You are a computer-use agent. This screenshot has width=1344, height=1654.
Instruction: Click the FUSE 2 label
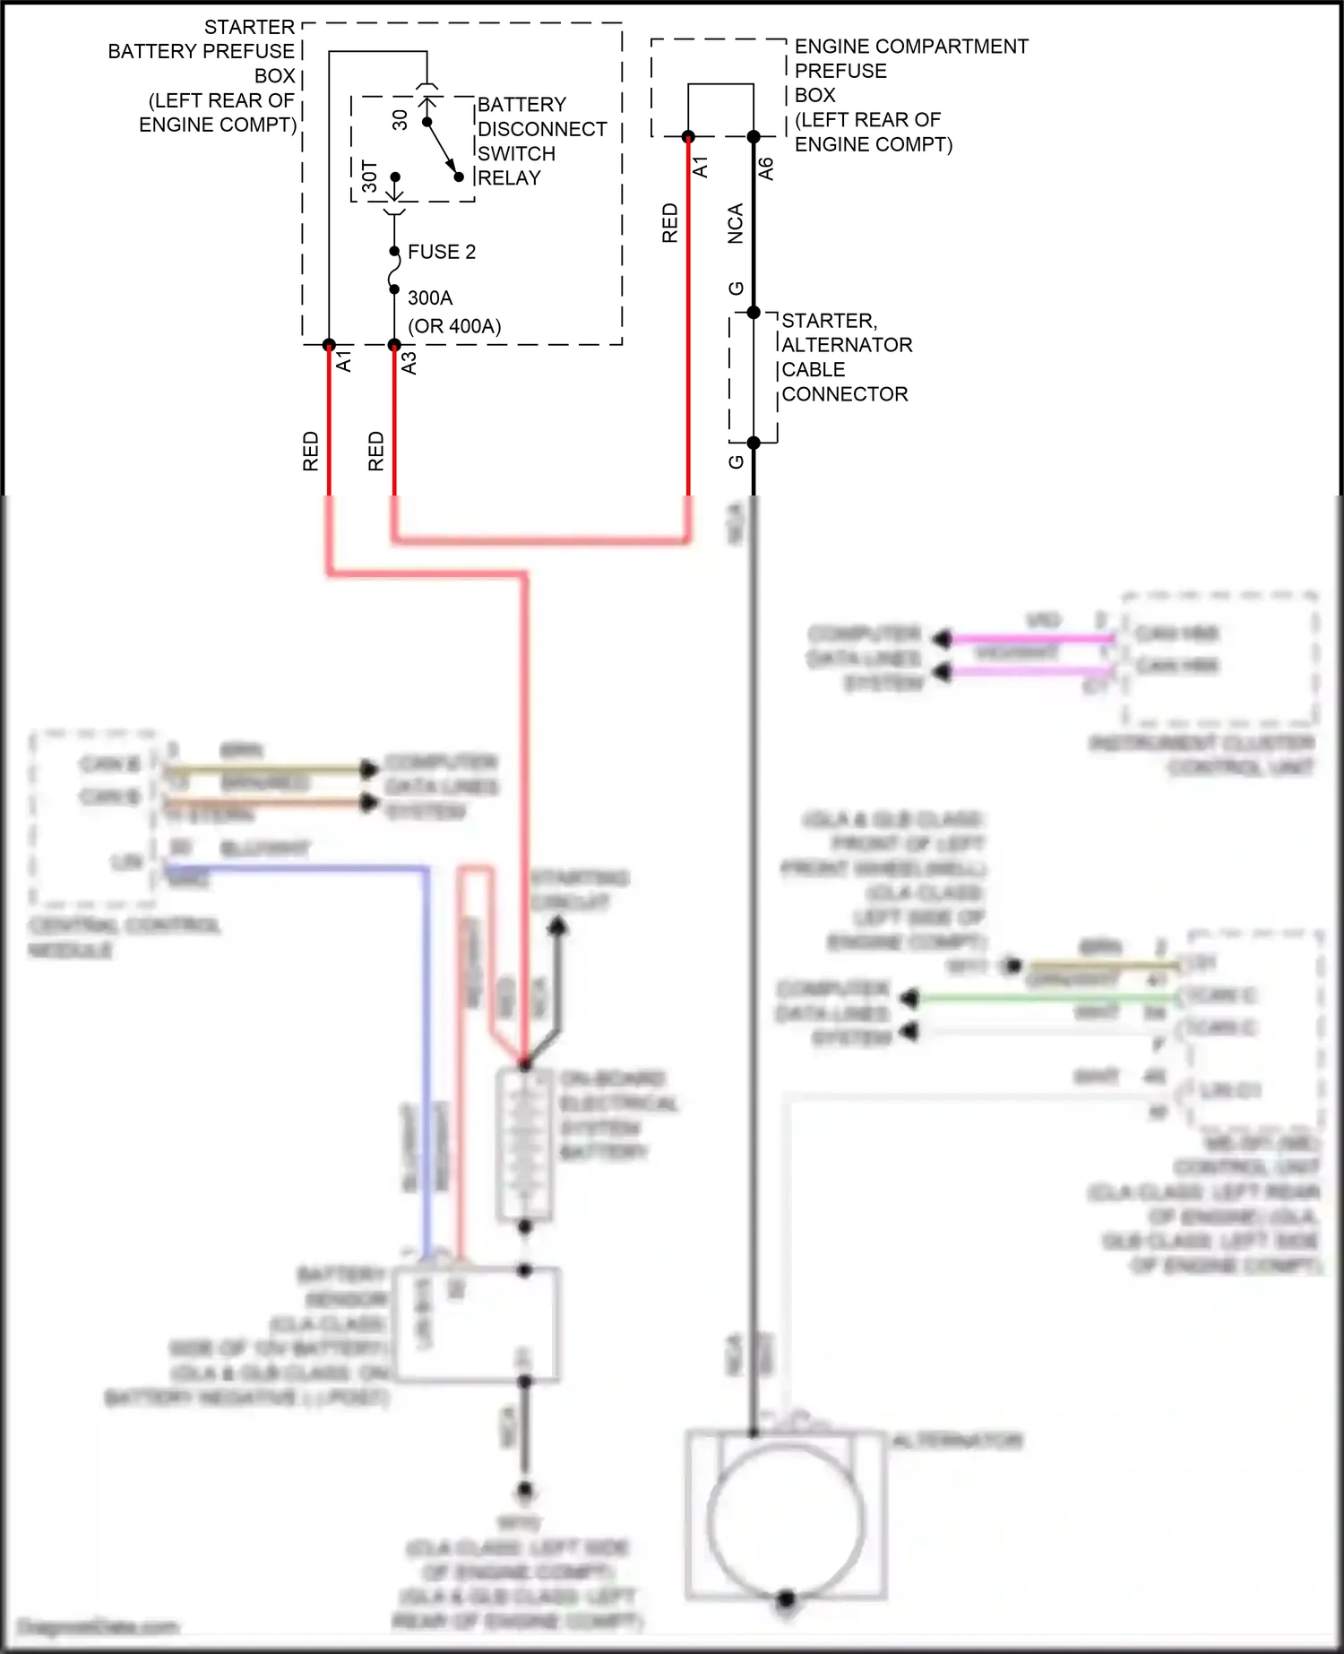[441, 252]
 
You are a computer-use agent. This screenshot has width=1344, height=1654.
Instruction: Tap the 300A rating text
[430, 297]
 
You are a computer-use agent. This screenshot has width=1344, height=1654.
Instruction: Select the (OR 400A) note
[454, 326]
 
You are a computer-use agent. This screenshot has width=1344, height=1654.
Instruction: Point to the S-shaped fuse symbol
[394, 271]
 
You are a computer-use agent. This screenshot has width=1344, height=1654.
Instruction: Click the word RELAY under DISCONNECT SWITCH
[509, 178]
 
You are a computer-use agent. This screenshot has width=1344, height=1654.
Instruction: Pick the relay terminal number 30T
[370, 177]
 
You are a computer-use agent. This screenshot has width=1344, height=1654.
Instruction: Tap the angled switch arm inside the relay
[442, 149]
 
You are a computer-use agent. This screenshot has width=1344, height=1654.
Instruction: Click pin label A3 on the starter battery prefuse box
[409, 363]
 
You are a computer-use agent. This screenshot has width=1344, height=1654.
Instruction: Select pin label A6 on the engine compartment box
[766, 168]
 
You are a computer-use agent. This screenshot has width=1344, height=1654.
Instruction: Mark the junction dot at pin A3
[394, 345]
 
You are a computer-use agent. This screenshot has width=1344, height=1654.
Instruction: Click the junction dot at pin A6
[754, 137]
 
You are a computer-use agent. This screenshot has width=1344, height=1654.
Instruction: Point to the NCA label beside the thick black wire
[736, 224]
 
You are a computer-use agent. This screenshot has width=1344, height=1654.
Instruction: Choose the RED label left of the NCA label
[670, 224]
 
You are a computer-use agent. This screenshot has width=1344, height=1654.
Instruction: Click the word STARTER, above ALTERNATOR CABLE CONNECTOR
[829, 321]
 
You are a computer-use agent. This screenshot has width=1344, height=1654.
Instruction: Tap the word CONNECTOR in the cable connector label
[845, 394]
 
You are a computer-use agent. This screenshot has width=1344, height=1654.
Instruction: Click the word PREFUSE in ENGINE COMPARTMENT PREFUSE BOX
[840, 71]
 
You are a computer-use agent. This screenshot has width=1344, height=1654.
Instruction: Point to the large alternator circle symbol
[786, 1520]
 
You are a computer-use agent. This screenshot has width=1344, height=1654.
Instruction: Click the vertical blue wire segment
[427, 1057]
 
